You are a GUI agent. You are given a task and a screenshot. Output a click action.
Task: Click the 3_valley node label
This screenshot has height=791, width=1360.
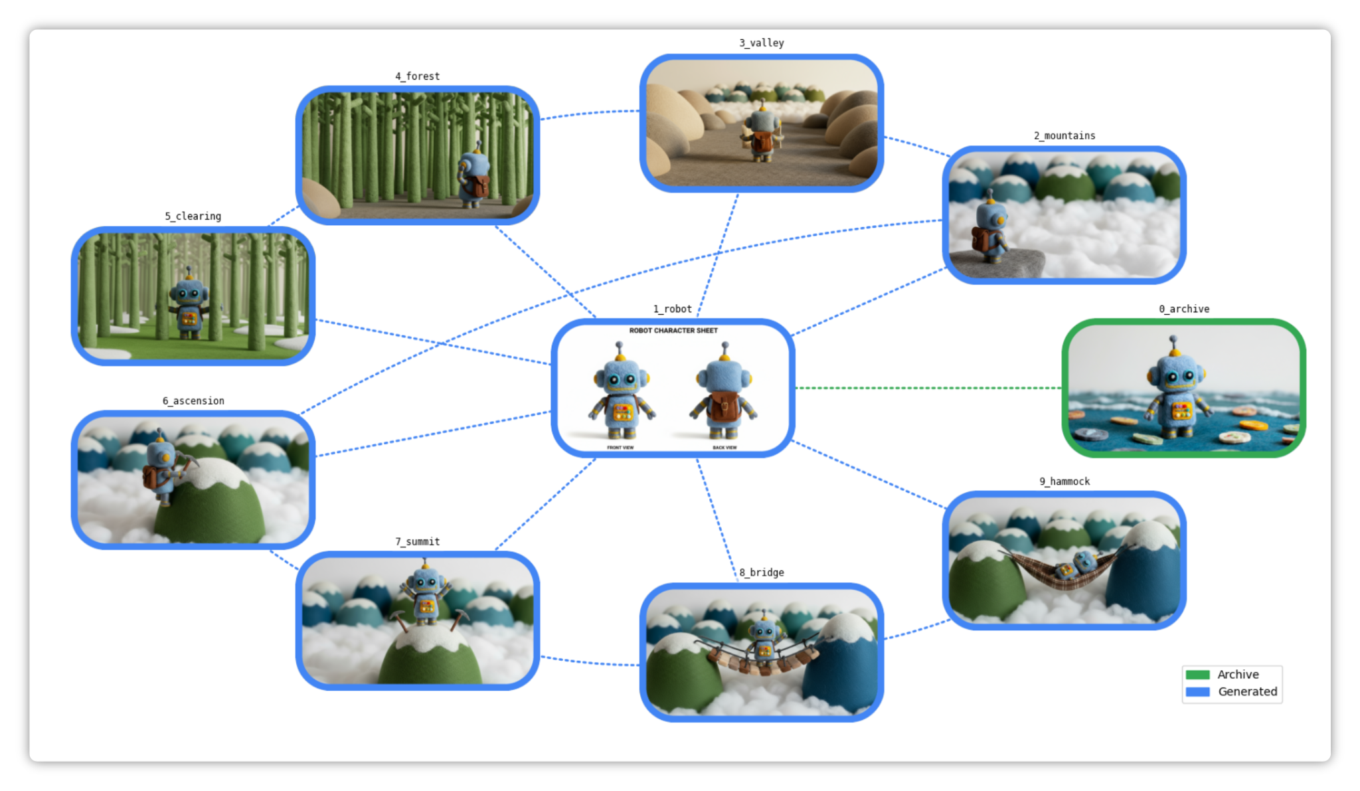[761, 43]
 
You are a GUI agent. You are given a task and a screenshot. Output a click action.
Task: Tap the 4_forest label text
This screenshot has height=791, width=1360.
[417, 76]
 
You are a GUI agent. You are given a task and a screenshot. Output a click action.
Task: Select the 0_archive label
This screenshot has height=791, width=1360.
[1183, 309]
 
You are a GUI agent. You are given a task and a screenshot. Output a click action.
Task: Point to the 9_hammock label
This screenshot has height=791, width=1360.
[1064, 482]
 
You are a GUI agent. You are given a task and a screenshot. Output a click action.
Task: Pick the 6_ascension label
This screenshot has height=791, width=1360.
[193, 401]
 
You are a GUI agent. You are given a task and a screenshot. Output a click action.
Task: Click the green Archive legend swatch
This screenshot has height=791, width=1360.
[1197, 675]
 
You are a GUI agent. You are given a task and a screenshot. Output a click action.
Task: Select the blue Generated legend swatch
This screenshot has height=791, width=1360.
[1197, 692]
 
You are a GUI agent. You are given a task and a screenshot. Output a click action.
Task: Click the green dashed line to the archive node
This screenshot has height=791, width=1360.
[930, 388]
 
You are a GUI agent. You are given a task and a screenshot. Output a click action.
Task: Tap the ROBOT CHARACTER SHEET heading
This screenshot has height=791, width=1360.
[673, 331]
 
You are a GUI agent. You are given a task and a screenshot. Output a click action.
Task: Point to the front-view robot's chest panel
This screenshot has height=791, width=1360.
[622, 412]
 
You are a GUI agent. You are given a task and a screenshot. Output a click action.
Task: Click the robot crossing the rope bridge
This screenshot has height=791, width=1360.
[764, 638]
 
